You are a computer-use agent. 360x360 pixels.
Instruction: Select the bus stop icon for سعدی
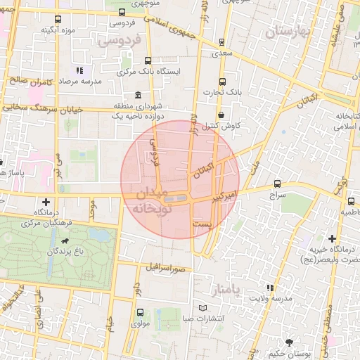pos(222,42)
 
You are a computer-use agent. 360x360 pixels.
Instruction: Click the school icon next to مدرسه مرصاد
pos(79,71)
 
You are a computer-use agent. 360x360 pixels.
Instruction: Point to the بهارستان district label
pos(288,32)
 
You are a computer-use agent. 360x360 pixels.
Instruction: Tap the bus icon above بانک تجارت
pos(222,82)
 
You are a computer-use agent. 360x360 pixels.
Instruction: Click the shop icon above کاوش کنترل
pos(221,115)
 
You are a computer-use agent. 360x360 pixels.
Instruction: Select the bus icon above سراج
pos(277,183)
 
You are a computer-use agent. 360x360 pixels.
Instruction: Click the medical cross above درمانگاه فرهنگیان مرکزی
pos(46,202)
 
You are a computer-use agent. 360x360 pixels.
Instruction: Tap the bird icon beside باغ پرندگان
pos(65,241)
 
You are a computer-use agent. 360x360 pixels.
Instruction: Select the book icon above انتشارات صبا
pos(203,308)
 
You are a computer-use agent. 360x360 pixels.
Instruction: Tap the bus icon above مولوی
pos(139,313)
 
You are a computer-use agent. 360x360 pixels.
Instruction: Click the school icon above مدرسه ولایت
pos(270,288)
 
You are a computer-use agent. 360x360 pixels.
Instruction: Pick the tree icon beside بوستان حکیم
pos(290,341)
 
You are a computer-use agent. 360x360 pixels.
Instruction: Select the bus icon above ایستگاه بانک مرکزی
pos(147,61)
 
